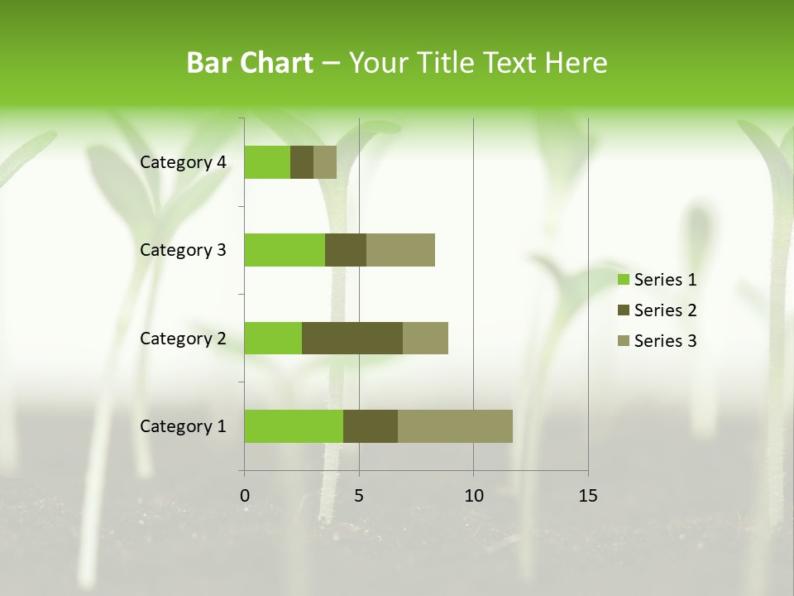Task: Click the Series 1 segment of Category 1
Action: (x=294, y=426)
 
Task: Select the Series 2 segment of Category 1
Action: (x=371, y=426)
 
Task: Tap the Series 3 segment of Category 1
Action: (x=455, y=426)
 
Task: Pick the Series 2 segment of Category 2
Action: (x=352, y=338)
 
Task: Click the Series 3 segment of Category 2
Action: (x=425, y=338)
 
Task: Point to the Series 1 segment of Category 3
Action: (x=285, y=250)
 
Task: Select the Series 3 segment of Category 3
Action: (x=400, y=250)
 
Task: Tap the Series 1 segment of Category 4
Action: (x=267, y=162)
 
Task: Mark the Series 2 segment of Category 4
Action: (x=302, y=162)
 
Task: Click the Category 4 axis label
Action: (x=183, y=162)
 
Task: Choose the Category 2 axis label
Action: (x=183, y=338)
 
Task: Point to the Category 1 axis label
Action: (x=183, y=426)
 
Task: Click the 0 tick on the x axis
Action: (x=245, y=496)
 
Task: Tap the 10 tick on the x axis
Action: (x=473, y=496)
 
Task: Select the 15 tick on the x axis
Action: (x=588, y=496)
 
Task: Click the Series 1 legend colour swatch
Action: (x=623, y=280)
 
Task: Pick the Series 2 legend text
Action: (x=665, y=310)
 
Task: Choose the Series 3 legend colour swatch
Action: (x=623, y=341)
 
